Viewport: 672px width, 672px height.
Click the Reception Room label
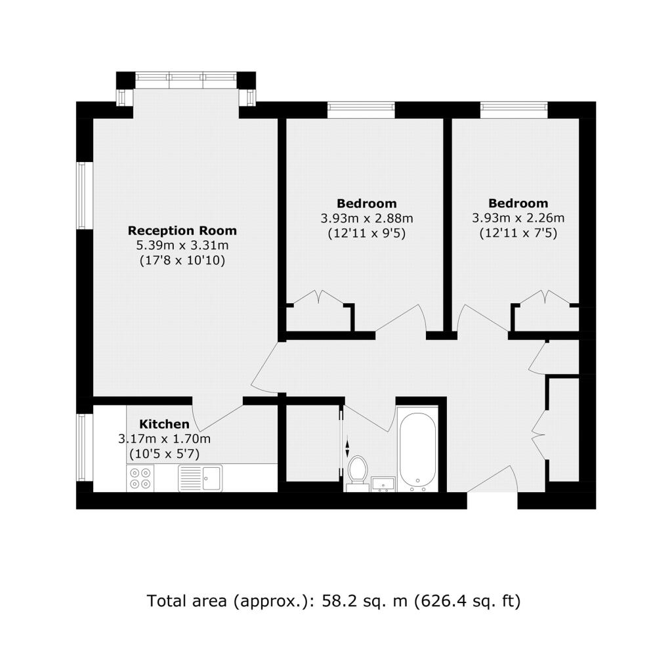pos(182,230)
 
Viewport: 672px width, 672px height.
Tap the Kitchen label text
pos(164,425)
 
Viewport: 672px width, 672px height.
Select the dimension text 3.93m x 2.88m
pos(367,218)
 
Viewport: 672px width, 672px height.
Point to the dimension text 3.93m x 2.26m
pos(518,218)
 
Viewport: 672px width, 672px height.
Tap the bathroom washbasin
pos(383,484)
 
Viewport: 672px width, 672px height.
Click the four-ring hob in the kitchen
pos(140,478)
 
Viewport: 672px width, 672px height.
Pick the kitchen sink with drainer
pos(200,478)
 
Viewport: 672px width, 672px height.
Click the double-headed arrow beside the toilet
pos(347,449)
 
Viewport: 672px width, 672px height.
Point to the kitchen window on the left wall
pos(85,448)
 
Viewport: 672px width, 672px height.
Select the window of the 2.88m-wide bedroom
pos(361,110)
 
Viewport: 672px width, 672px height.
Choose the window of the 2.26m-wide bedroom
pos(514,110)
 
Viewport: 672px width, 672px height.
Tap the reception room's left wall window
pos(85,195)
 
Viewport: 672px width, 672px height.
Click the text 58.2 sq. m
pos(364,601)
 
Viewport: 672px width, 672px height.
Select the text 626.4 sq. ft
pos(467,601)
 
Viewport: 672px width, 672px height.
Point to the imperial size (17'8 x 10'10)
pos(182,261)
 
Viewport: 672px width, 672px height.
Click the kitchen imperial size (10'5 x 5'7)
pos(164,454)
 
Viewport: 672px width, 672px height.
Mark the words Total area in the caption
pos(186,601)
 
